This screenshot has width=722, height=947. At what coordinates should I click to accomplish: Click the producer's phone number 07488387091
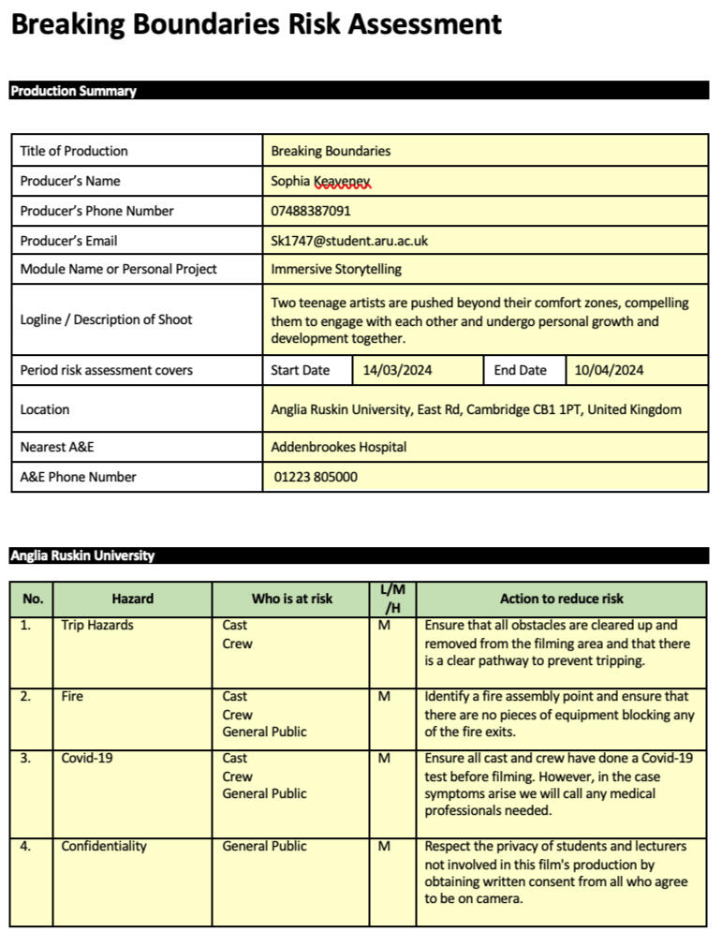(x=311, y=211)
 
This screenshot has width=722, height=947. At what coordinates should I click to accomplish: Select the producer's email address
(x=349, y=241)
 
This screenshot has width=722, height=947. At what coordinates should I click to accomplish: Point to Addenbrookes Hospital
(x=338, y=447)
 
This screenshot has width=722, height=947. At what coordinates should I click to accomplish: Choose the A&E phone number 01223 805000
(x=316, y=477)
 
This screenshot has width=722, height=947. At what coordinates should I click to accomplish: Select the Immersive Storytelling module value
(x=335, y=269)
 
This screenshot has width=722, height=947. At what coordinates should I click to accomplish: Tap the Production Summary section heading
(x=73, y=91)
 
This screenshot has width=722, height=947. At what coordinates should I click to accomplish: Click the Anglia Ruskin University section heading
(x=82, y=555)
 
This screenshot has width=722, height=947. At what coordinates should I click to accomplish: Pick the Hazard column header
(x=132, y=599)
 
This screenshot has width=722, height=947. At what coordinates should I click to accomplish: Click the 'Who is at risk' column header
(x=291, y=599)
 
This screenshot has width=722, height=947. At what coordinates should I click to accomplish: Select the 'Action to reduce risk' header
(x=561, y=599)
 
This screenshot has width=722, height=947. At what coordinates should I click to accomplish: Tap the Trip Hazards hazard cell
(x=97, y=625)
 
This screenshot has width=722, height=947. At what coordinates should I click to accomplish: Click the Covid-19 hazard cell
(x=87, y=758)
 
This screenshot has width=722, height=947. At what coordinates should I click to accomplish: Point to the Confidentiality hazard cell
(x=104, y=846)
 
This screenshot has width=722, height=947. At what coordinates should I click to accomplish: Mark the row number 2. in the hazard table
(x=25, y=696)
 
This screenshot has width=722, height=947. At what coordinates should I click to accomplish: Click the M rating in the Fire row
(x=384, y=696)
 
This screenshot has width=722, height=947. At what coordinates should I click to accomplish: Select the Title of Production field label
(x=74, y=151)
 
